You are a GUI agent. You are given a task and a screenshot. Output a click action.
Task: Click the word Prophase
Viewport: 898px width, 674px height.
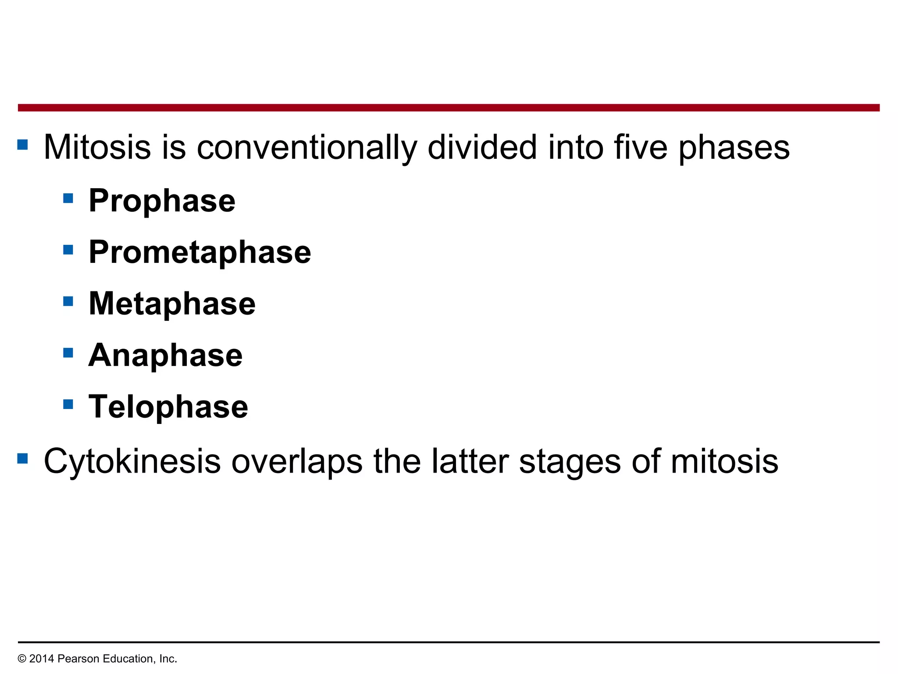pos(162,201)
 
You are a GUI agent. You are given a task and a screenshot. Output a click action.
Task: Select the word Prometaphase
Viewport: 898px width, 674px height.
pos(200,252)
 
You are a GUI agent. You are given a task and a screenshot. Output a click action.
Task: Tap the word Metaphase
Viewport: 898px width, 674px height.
pos(172,304)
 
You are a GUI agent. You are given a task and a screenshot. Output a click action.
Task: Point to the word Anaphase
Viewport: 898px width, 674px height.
pos(165,355)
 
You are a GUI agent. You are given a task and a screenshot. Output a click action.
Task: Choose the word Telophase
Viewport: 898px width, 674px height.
pos(168,406)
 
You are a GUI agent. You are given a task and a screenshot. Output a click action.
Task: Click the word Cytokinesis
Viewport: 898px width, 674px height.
pos(132,462)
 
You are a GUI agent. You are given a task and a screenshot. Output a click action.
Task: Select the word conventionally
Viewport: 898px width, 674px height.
pos(306,147)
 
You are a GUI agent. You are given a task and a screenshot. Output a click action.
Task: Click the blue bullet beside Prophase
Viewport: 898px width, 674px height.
pos(68,198)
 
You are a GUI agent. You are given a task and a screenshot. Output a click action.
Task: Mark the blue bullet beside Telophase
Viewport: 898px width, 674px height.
pos(68,404)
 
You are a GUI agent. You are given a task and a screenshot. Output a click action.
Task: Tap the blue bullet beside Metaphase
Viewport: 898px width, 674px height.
pos(68,301)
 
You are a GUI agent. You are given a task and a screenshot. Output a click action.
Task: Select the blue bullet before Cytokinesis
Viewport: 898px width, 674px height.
pos(22,459)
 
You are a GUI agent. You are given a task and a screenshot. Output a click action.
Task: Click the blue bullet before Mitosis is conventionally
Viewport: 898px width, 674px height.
pos(22,144)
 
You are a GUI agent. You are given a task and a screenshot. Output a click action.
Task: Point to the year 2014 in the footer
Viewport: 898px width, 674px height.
pos(42,659)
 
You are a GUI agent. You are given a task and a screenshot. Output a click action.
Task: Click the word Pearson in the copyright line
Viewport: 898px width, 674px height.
pos(77,659)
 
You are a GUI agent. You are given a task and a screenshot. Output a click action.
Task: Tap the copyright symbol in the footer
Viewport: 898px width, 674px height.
pos(22,659)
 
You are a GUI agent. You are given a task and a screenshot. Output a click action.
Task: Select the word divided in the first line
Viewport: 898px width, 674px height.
pos(482,147)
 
